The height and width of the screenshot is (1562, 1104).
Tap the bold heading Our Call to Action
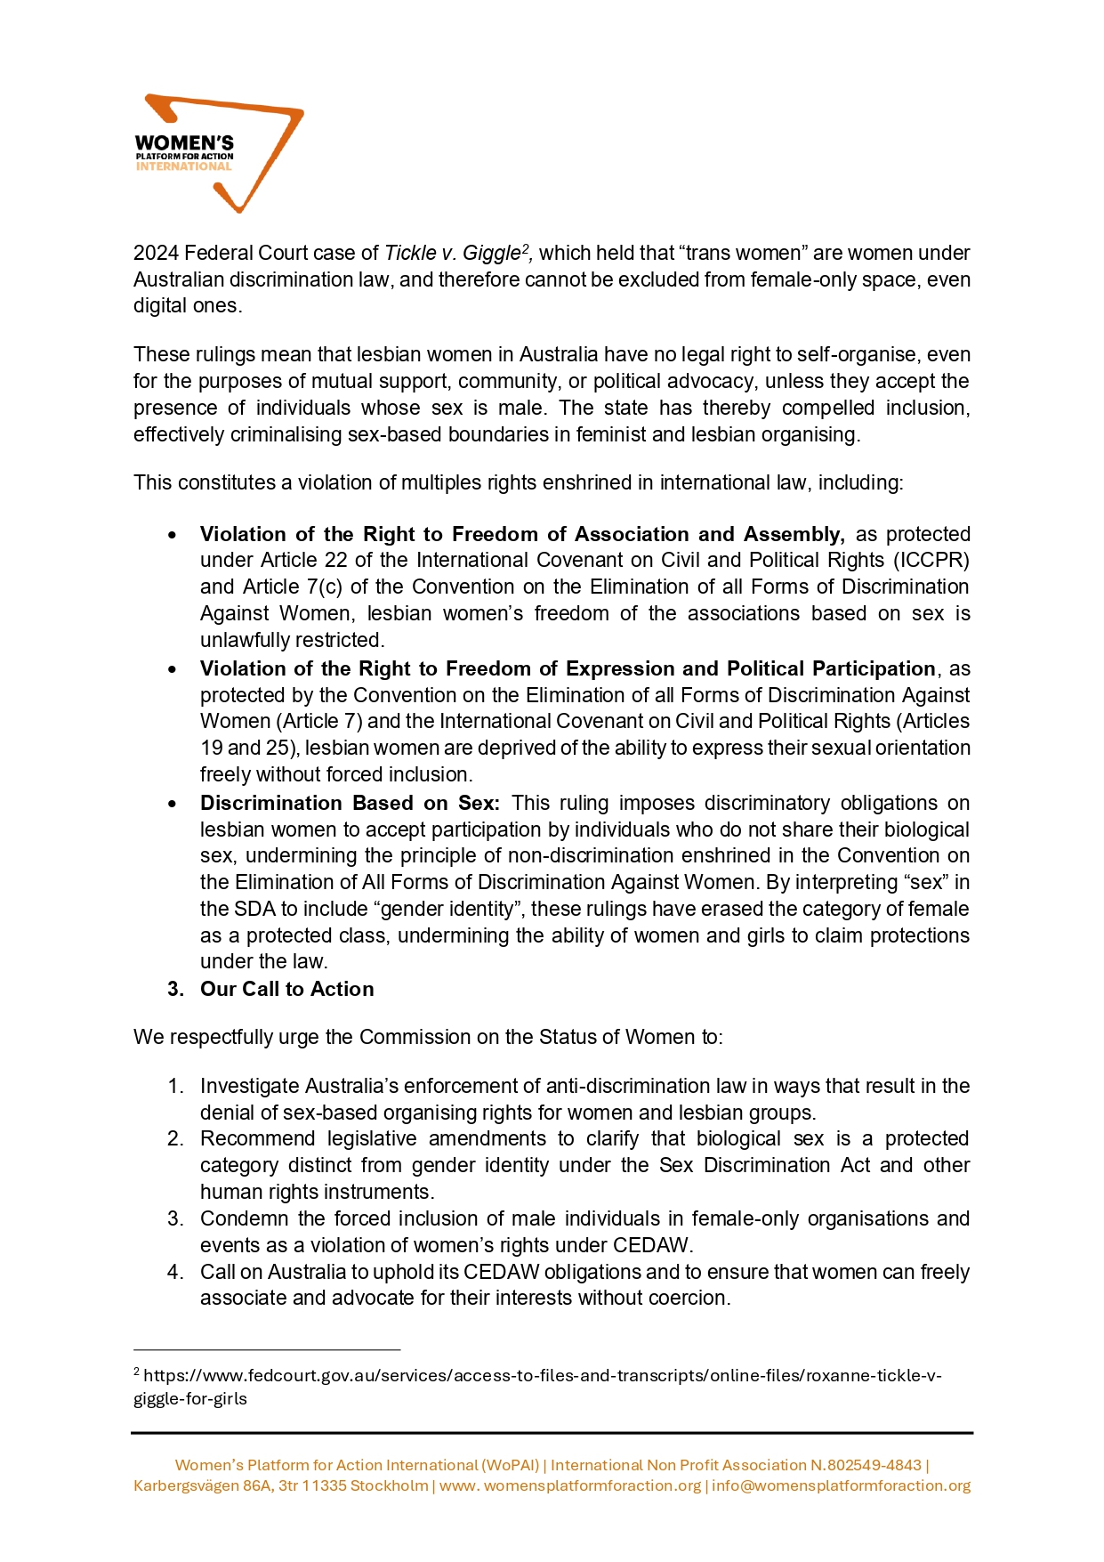click(286, 989)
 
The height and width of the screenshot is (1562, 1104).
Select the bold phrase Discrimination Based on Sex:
click(350, 803)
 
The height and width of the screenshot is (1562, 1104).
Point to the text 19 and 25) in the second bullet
click(248, 748)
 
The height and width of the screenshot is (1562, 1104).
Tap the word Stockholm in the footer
click(390, 1485)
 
